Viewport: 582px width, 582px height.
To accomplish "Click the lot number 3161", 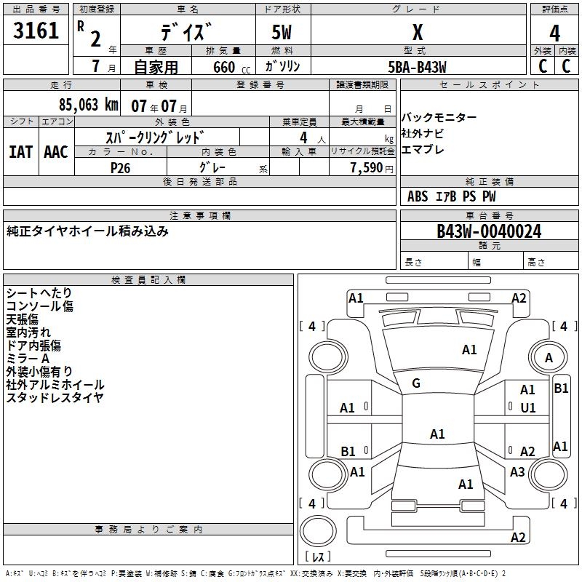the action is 36,31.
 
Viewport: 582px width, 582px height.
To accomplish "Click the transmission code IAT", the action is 20,151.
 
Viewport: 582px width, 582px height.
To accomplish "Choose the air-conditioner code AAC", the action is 56,151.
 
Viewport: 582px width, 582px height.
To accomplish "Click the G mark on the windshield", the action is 416,383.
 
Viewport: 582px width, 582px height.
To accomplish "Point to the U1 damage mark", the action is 528,408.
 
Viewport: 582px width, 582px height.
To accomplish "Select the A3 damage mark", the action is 517,472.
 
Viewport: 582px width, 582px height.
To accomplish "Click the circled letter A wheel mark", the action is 549,357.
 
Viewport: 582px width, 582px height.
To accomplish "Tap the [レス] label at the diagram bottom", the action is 318,557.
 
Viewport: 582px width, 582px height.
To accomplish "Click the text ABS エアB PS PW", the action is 452,196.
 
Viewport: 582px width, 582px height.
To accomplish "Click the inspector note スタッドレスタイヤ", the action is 55,398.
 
